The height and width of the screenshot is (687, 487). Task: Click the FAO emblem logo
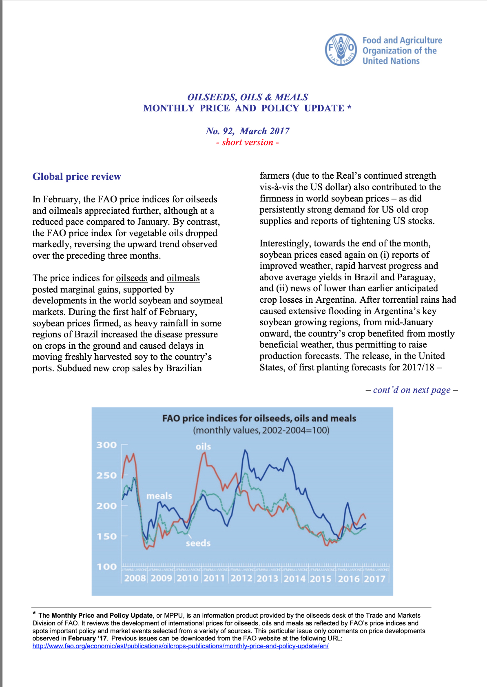tap(341, 50)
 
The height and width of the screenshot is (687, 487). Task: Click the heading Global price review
tap(77, 177)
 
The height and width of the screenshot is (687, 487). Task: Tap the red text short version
tap(248, 142)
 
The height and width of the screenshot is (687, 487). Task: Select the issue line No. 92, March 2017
tap(248, 131)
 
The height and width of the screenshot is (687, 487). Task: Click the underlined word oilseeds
tap(132, 278)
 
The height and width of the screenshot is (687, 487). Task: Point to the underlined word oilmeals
tap(183, 278)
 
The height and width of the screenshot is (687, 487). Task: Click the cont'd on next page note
tap(412, 390)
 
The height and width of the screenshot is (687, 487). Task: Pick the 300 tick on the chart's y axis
tap(106, 445)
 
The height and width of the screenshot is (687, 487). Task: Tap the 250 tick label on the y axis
tap(106, 475)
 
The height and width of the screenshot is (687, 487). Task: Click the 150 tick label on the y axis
tap(106, 536)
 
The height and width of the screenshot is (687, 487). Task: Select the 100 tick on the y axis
tap(106, 567)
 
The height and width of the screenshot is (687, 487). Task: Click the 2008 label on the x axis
tap(135, 578)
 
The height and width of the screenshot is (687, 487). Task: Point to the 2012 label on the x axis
tap(241, 578)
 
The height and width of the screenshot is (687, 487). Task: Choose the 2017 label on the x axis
tap(374, 578)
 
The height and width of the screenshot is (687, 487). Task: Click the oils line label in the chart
tap(203, 446)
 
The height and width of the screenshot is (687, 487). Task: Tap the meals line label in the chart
tap(159, 496)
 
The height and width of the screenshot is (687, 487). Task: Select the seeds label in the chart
tap(198, 543)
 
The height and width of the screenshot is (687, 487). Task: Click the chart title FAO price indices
tap(259, 419)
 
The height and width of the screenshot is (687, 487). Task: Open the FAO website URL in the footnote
tap(180, 646)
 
